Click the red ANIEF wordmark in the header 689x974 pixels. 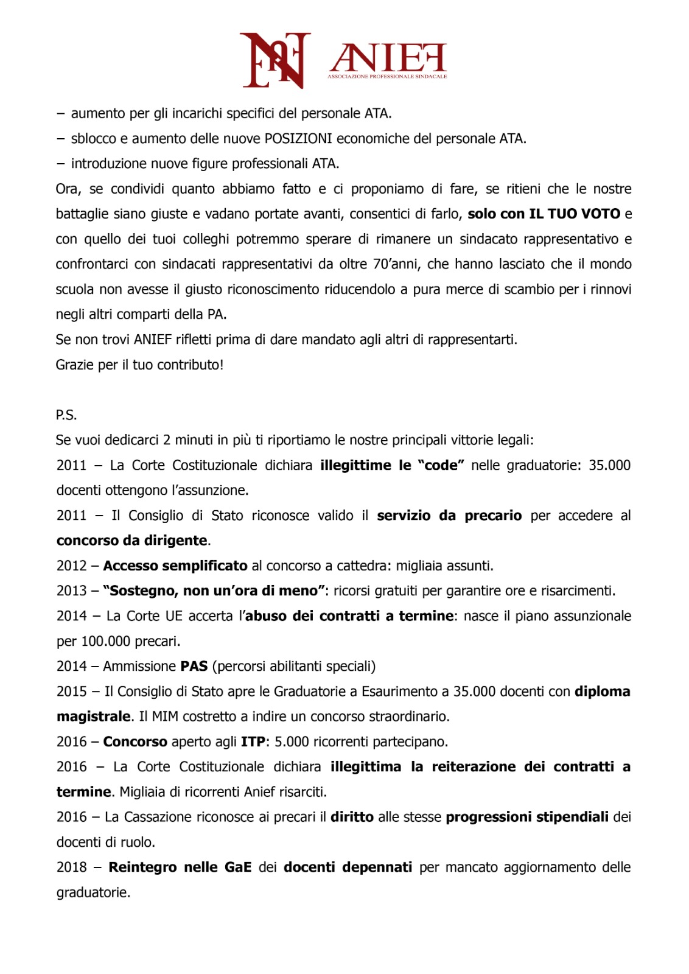coord(388,58)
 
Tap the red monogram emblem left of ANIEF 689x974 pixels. coord(275,60)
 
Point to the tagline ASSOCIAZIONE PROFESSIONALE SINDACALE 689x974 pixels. coord(387,77)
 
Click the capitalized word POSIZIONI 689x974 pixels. coord(298,139)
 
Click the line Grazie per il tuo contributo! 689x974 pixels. coord(139,365)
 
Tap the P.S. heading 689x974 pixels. coord(66,415)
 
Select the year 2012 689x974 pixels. coord(72,566)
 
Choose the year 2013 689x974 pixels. coord(72,591)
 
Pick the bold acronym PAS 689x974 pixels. coord(194,667)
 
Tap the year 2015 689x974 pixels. coord(72,692)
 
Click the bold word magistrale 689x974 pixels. coord(94,716)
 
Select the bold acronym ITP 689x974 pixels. coord(253,742)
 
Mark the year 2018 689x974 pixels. coord(72,867)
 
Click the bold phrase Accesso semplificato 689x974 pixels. coord(175,566)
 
